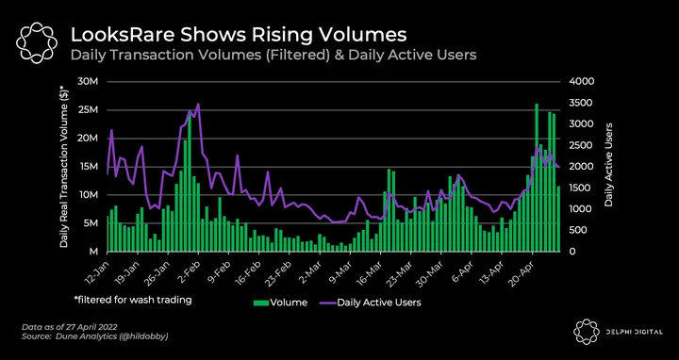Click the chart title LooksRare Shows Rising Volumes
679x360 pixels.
(239, 35)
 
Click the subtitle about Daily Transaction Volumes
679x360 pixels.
(273, 56)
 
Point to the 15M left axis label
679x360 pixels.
(91, 167)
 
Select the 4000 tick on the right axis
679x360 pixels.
(573, 82)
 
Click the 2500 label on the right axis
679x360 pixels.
(573, 145)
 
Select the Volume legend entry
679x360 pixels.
(280, 303)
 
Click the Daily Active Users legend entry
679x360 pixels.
(371, 303)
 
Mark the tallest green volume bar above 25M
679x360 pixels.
(537, 177)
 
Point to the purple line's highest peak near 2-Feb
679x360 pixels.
(198, 104)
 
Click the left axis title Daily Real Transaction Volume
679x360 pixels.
(64, 166)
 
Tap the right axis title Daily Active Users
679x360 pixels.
(609, 164)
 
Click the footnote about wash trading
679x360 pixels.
(133, 300)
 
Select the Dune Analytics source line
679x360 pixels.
(95, 336)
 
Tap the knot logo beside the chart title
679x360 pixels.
(37, 42)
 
